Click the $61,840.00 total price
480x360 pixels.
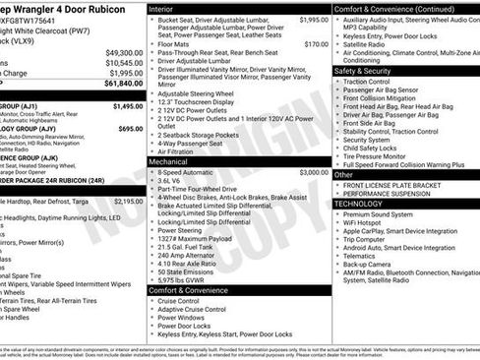122,85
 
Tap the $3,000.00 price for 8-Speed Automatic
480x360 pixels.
314,171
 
